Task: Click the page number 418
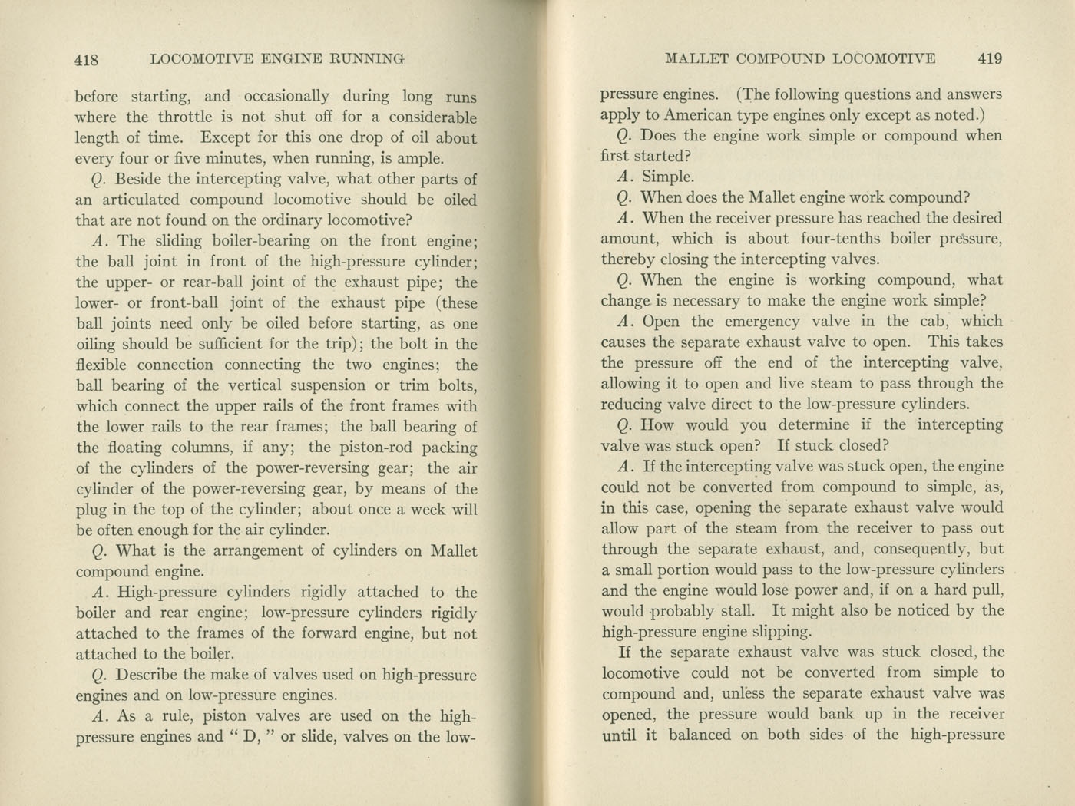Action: pos(89,58)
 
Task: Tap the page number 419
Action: pos(990,58)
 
